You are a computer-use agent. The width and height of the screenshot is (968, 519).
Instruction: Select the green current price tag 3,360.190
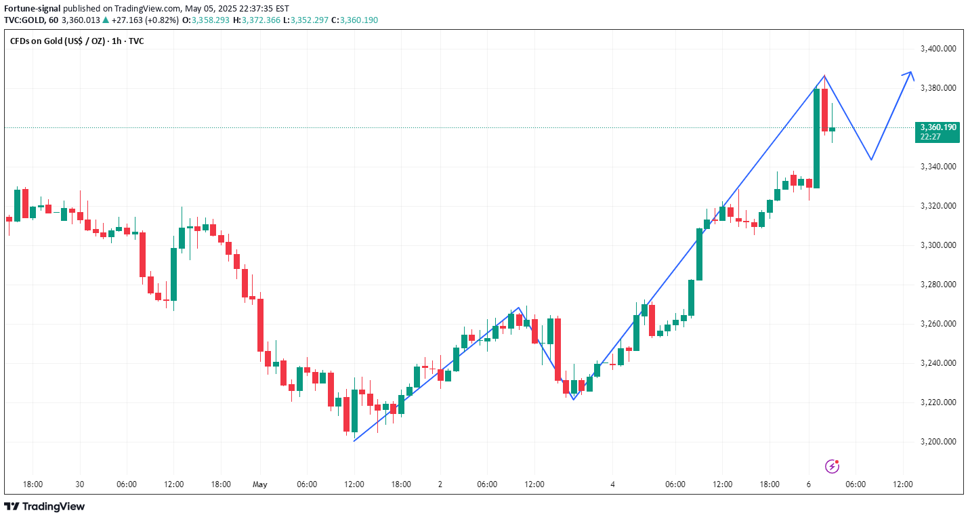click(937, 131)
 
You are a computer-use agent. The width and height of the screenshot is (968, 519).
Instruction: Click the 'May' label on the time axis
click(260, 484)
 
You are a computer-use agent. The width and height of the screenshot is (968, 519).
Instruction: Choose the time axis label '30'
click(79, 484)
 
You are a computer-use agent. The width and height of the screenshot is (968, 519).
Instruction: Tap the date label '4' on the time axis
click(612, 484)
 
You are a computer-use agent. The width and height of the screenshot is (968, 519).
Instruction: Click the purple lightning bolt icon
click(833, 466)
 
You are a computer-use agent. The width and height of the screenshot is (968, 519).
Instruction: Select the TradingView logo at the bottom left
click(45, 506)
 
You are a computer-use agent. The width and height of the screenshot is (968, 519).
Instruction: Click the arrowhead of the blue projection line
click(910, 73)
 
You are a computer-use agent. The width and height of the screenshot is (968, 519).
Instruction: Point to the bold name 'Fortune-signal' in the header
click(32, 9)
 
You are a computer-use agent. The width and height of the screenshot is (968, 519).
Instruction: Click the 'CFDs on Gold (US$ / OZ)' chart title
click(58, 41)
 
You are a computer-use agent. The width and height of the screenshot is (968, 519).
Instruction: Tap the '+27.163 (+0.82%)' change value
click(145, 20)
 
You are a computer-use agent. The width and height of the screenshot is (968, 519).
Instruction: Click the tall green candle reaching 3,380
click(817, 138)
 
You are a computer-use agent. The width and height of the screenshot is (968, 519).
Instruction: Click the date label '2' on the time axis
click(440, 484)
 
